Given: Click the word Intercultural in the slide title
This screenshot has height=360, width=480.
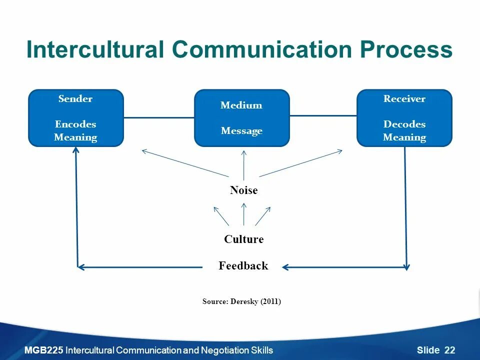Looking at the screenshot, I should coord(95,50).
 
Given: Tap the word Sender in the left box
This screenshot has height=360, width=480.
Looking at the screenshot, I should coord(75,98).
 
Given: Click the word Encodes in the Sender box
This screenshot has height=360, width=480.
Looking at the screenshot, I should coord(75,124).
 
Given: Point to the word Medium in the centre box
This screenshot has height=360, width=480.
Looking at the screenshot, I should coord(241,105).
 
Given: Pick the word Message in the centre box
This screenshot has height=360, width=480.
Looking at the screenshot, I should coord(241,131).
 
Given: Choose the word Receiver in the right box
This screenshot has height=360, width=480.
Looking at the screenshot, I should coord(404,98).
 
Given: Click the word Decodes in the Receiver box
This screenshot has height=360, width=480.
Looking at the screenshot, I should coord(404,124).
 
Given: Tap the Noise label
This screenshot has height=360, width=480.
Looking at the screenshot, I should coord(243,190).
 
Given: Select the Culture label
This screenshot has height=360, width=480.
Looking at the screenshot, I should coord(243,239).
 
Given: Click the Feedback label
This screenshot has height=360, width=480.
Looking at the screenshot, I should coord(243,266).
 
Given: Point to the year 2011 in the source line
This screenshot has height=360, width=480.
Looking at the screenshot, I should coord(270,301).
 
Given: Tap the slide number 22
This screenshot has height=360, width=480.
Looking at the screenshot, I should coord(449,350).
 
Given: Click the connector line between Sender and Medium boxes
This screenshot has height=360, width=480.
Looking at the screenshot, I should coord(158,118).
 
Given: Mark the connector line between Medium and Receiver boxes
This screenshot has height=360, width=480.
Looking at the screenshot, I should coord(323,116).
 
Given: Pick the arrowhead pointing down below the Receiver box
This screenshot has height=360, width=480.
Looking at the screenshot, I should coord(406,266).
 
